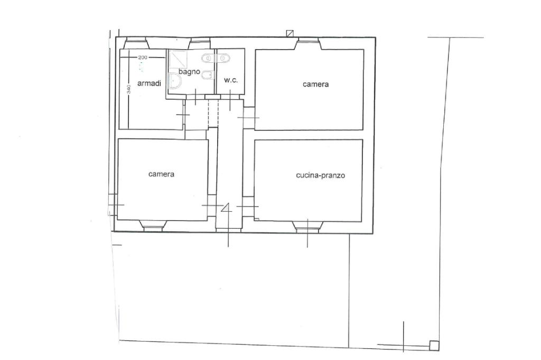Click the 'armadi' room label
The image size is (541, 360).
[x=149, y=83]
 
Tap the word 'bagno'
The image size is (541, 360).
[x=189, y=72]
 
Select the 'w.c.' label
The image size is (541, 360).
[x=231, y=80]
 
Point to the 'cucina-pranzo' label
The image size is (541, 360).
[x=321, y=175]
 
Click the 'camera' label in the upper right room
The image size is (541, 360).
[x=316, y=84]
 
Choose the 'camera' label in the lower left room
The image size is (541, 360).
[x=161, y=174]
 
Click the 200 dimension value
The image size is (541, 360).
[x=143, y=57]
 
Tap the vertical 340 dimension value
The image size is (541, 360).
[x=128, y=89]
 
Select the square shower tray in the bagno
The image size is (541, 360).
[x=178, y=59]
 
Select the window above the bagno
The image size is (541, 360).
[x=199, y=44]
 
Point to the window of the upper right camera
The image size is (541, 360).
[x=309, y=44]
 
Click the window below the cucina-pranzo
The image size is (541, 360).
[x=308, y=226]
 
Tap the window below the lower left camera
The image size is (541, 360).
[x=153, y=225]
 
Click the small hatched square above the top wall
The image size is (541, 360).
[x=290, y=33]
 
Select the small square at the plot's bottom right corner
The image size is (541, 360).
[x=434, y=346]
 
